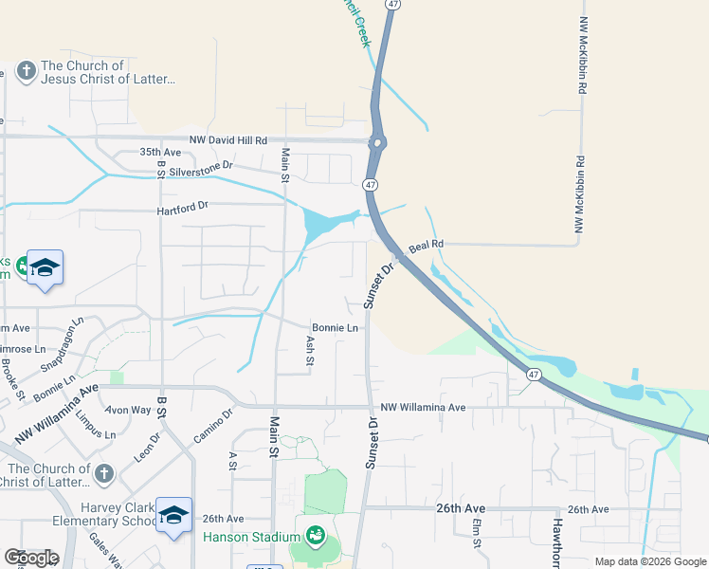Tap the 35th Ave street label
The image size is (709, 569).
click(x=159, y=152)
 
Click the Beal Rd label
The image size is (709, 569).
click(x=426, y=247)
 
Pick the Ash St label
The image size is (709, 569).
click(x=310, y=349)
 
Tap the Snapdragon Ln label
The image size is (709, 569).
click(x=64, y=334)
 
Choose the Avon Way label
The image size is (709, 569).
click(x=128, y=410)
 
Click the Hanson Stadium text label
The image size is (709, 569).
click(x=252, y=538)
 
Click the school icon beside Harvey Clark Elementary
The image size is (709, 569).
click(x=174, y=514)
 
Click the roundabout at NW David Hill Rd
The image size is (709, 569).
click(x=378, y=144)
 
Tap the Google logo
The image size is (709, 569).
click(x=31, y=558)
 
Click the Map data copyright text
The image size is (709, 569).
click(x=649, y=561)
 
